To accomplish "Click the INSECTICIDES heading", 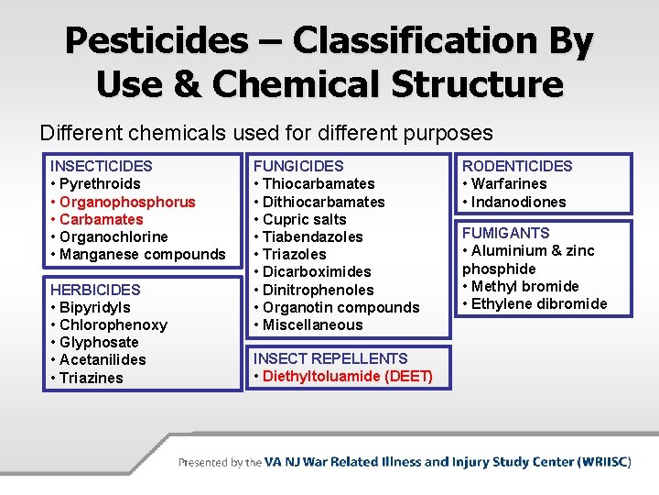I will (x=101, y=166).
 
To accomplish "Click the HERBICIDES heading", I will (x=95, y=290).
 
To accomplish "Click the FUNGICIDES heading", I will (x=298, y=166).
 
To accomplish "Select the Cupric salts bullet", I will (x=304, y=219).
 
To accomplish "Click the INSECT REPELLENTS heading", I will (x=330, y=358).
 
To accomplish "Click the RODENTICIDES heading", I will (x=517, y=166).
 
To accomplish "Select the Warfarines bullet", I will (x=509, y=183).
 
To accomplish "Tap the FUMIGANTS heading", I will (x=506, y=233).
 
